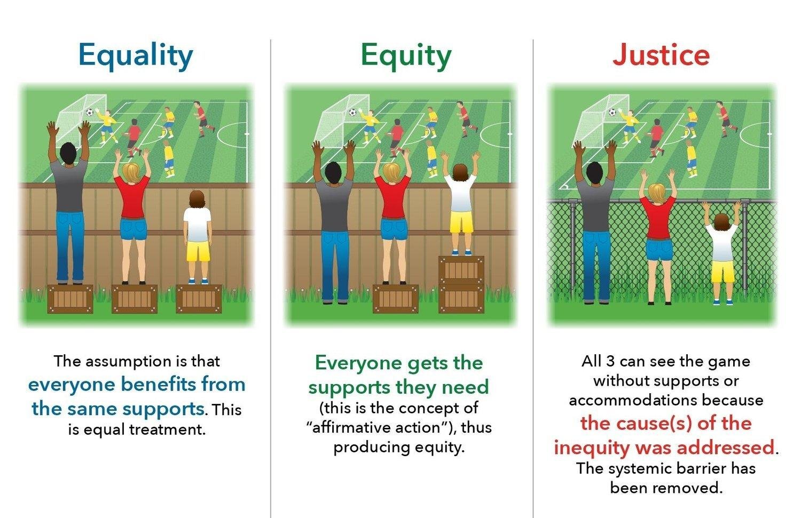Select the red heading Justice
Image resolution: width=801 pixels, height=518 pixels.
(x=661, y=55)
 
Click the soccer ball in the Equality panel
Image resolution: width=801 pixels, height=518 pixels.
(x=90, y=113)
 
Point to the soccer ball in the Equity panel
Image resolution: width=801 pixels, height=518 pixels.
(x=352, y=112)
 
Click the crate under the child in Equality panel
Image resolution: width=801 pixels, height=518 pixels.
(x=199, y=299)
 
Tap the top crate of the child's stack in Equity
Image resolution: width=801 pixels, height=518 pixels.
(x=461, y=270)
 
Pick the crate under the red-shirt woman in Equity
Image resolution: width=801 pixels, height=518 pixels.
(x=395, y=299)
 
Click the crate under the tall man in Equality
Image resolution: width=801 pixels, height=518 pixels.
(x=70, y=299)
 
